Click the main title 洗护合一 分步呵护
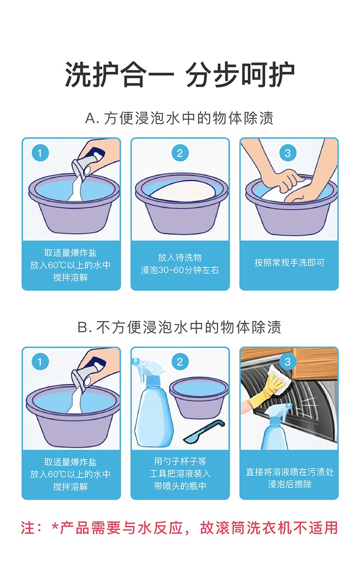point(180,75)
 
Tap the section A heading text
point(180,118)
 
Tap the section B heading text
point(180,327)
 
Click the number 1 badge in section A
point(40,153)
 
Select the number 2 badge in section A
point(180,153)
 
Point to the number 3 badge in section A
point(288,153)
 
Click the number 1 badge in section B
point(40,362)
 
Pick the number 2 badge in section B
point(180,362)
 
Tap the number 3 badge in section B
point(288,362)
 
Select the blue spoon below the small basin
point(204,431)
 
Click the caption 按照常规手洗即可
point(290,263)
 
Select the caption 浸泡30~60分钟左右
point(180,270)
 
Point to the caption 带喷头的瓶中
point(180,486)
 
